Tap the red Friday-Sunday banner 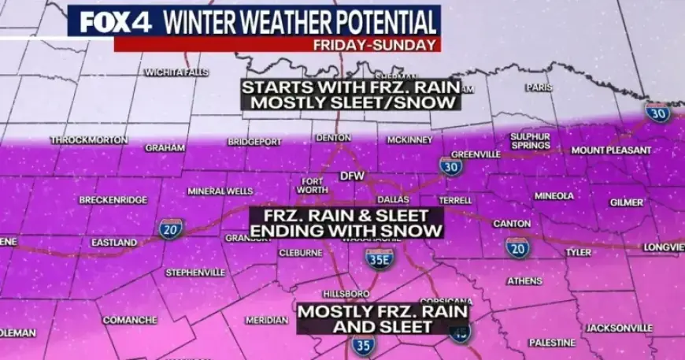click(x=276, y=44)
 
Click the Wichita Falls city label click(x=172, y=72)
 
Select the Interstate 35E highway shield click(x=380, y=258)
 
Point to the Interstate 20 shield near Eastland click(x=170, y=229)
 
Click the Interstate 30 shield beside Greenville click(x=450, y=165)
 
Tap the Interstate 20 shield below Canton click(x=517, y=248)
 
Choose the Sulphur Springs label click(x=530, y=141)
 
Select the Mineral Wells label click(x=220, y=191)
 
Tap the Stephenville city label click(x=195, y=273)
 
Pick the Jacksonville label click(x=619, y=328)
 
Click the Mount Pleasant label click(x=611, y=150)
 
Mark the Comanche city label click(x=131, y=321)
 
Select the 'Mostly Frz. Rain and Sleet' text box click(x=383, y=319)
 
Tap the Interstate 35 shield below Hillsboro click(x=364, y=344)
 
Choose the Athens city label click(x=524, y=281)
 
